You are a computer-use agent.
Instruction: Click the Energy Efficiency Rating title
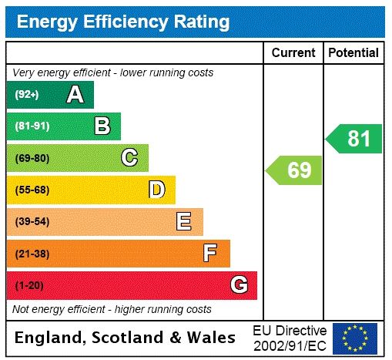coord(123,22)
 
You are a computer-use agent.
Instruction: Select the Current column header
coord(293,52)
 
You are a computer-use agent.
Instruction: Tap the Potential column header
coord(353,52)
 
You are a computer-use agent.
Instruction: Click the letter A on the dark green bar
coord(75,95)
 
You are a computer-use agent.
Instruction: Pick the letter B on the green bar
coord(102,126)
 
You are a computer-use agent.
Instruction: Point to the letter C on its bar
coord(129,158)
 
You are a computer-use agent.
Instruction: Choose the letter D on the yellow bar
coord(156,190)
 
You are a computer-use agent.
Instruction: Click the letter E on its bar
coord(184,222)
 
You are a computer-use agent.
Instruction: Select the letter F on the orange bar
coord(210,253)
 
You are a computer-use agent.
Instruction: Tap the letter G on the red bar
coord(239,285)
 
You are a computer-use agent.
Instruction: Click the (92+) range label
coord(27,95)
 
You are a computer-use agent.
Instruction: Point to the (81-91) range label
coord(32,126)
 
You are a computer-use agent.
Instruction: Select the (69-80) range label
coord(32,158)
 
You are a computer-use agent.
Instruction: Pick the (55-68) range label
coord(32,190)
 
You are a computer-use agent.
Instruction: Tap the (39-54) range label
coord(32,222)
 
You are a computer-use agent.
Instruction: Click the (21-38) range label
coord(32,253)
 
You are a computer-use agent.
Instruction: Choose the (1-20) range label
coord(29,285)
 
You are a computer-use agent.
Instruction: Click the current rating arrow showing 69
coord(294,170)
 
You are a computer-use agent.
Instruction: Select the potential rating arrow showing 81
coord(354,139)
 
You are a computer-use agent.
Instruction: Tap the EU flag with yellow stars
coord(355,338)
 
